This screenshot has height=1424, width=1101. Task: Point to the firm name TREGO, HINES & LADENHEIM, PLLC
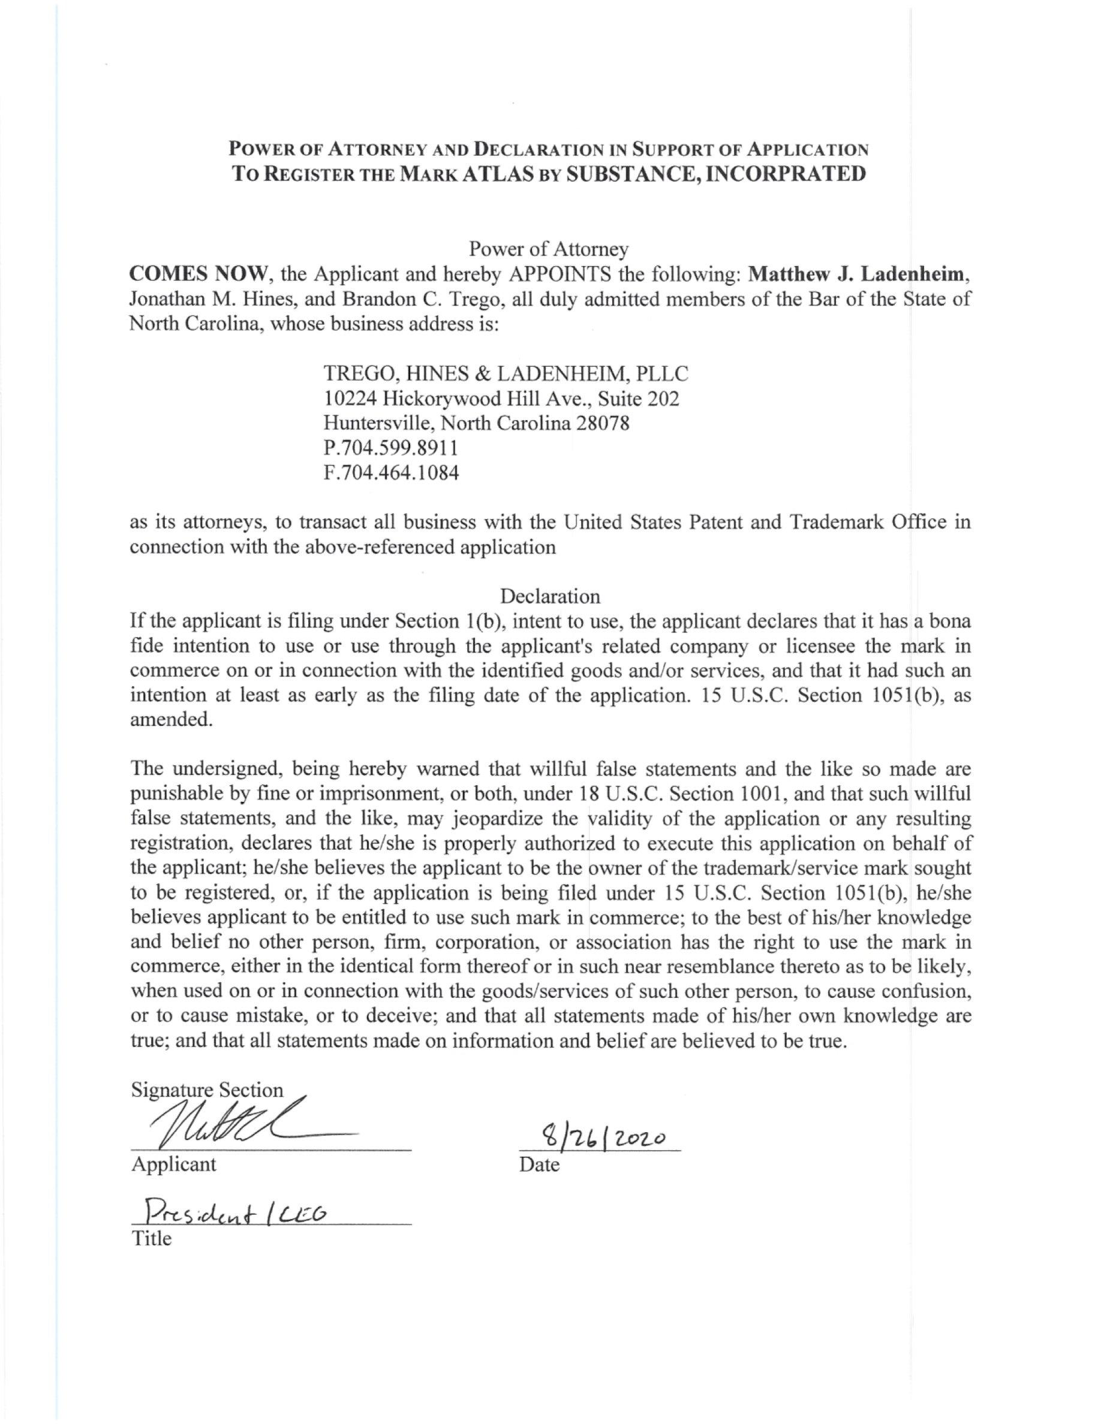pos(506,373)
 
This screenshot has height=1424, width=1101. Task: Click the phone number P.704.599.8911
pos(390,448)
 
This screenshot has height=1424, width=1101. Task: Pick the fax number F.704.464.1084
pos(392,473)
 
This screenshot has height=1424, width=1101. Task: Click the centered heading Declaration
pos(550,596)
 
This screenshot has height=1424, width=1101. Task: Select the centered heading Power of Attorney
pos(549,248)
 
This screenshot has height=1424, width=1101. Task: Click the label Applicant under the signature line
pos(173,1164)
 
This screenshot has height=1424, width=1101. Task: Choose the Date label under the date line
pos(540,1164)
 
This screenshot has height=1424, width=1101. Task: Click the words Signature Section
pos(207,1090)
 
